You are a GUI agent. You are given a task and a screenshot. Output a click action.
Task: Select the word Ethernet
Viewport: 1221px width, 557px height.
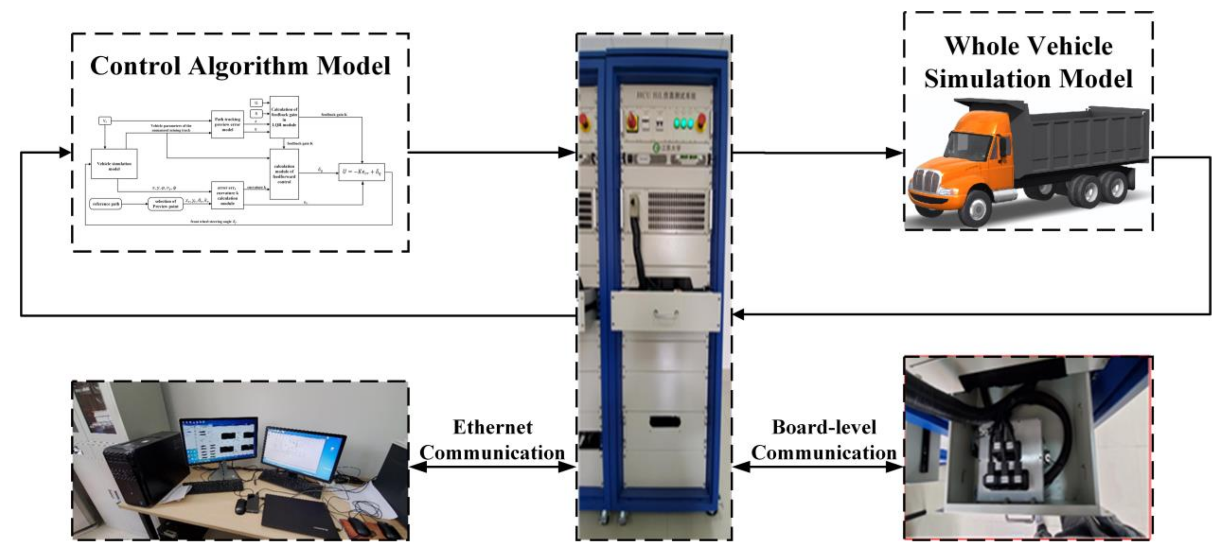[x=493, y=427]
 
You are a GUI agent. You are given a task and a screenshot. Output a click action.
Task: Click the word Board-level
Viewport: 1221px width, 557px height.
[x=824, y=427]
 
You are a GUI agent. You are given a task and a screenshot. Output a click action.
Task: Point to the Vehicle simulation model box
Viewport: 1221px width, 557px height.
[x=114, y=164]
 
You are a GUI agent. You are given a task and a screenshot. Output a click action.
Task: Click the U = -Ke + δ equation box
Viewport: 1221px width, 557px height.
[x=361, y=171]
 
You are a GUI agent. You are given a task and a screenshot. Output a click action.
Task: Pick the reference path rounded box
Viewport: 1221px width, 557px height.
[x=106, y=204]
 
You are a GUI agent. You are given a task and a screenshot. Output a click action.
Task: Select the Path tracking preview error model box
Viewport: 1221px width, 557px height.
[x=227, y=124]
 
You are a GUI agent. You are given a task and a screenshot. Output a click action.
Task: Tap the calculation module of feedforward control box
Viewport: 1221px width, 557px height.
[x=284, y=174]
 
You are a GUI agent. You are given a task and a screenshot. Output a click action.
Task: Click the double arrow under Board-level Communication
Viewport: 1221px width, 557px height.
[x=818, y=467]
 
